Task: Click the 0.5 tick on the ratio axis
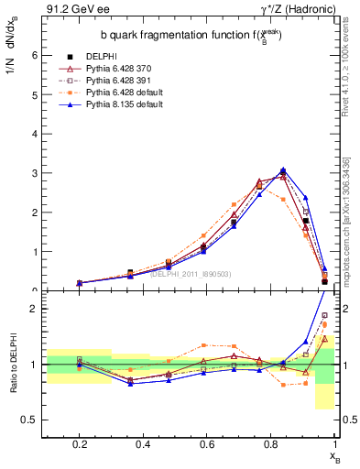coord(30,420)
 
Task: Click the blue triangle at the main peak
coord(283,169)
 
